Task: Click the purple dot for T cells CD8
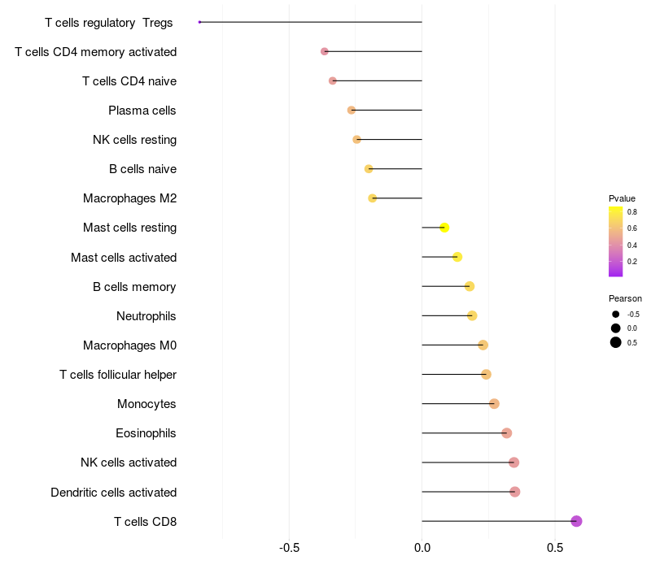pyautogui.click(x=576, y=521)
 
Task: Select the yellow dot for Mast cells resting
pyautogui.click(x=444, y=228)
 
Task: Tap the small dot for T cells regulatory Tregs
pyautogui.click(x=199, y=22)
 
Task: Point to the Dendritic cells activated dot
pyautogui.click(x=514, y=492)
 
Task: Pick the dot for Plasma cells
pyautogui.click(x=352, y=110)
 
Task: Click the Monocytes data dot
pyautogui.click(x=494, y=404)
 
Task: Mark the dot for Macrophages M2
pyautogui.click(x=373, y=198)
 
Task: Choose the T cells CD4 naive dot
pyautogui.click(x=333, y=80)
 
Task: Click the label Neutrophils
pyautogui.click(x=146, y=315)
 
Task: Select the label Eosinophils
pyautogui.click(x=146, y=433)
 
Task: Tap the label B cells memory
pyautogui.click(x=134, y=286)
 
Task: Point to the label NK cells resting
pyautogui.click(x=134, y=140)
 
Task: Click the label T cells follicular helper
pyautogui.click(x=118, y=375)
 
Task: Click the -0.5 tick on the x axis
pyautogui.click(x=290, y=548)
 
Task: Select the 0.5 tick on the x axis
pyautogui.click(x=554, y=548)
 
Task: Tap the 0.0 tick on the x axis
pyautogui.click(x=422, y=548)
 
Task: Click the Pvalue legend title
pyautogui.click(x=622, y=198)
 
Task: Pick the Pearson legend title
pyautogui.click(x=625, y=298)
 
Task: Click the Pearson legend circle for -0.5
pyautogui.click(x=616, y=315)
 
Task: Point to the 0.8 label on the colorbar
pyautogui.click(x=632, y=211)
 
